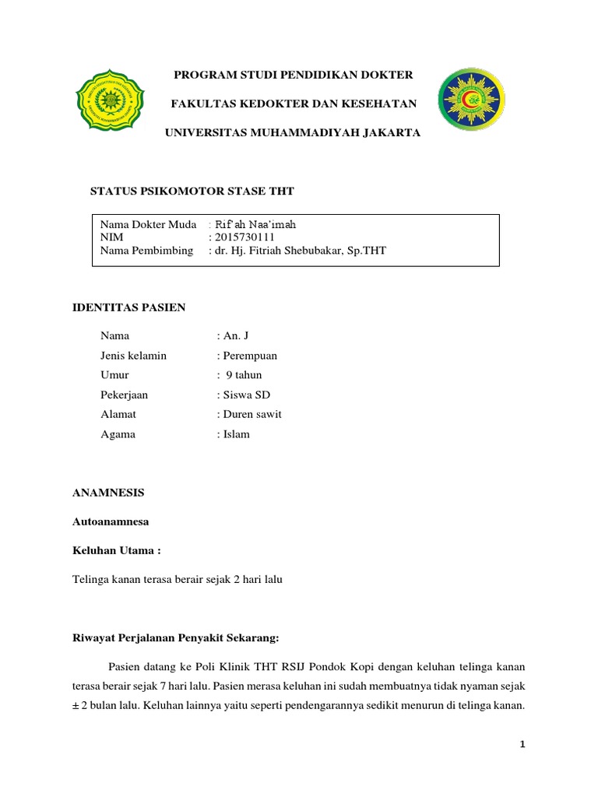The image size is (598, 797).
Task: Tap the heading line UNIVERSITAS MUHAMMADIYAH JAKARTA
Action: click(x=292, y=133)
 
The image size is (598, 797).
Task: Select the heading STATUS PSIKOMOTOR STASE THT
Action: click(x=192, y=191)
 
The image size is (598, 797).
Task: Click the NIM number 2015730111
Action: click(x=244, y=237)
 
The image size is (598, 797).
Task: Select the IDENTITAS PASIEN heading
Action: click(x=129, y=307)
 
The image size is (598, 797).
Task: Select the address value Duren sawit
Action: click(x=252, y=414)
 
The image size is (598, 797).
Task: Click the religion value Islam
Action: click(x=236, y=434)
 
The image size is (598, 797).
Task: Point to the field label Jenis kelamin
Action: click(x=133, y=356)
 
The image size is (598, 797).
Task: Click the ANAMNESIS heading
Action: click(x=108, y=493)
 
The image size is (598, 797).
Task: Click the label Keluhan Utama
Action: click(x=116, y=551)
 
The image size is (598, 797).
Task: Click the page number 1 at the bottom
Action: click(x=523, y=745)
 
